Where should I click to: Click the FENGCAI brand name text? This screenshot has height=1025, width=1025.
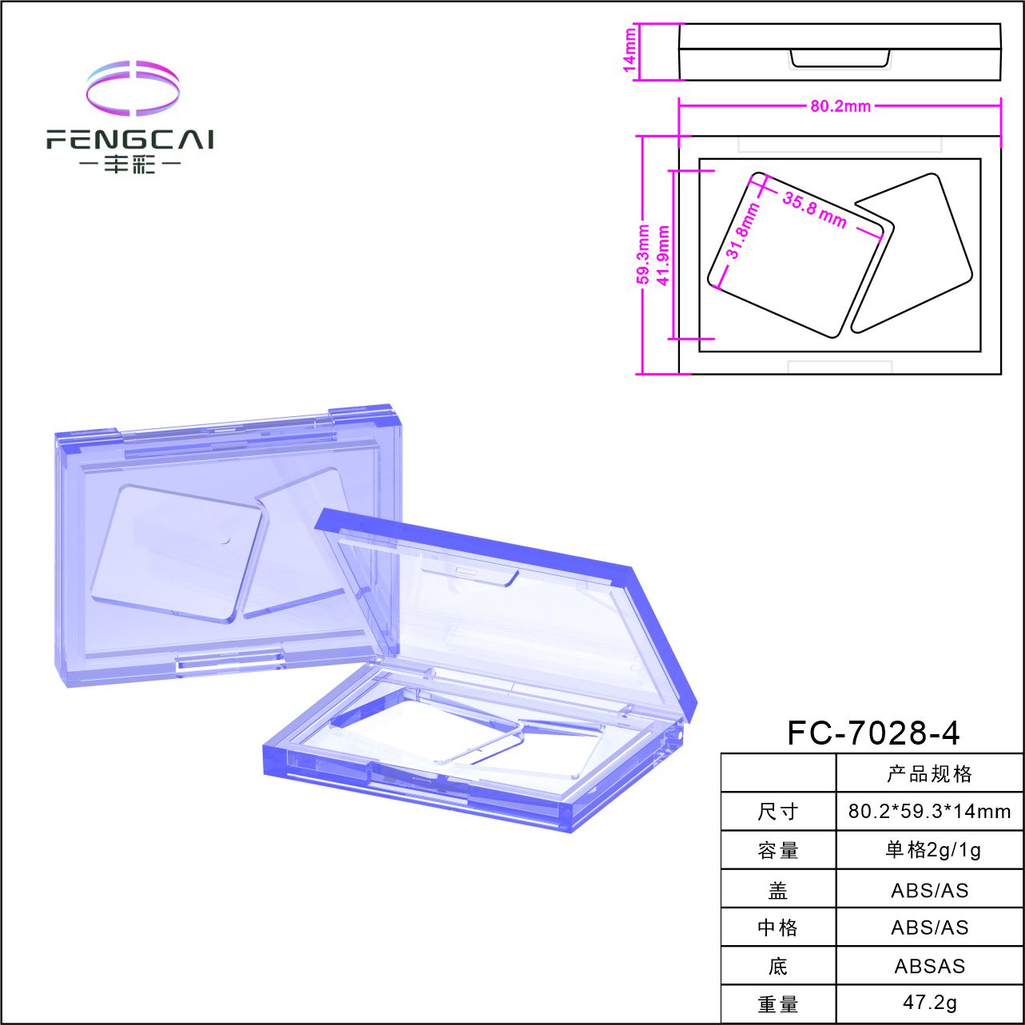click(x=129, y=139)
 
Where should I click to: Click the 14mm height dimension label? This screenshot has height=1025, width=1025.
click(x=629, y=50)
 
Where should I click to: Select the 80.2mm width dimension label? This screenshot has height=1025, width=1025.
click(x=840, y=106)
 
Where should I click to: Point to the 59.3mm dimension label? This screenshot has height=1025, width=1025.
click(x=643, y=254)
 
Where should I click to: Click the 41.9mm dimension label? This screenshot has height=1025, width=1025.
click(x=663, y=256)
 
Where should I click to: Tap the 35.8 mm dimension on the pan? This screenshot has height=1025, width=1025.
click(x=814, y=210)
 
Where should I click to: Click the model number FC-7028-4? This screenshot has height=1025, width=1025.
click(x=873, y=733)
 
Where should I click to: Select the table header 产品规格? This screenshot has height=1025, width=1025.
click(x=928, y=774)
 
